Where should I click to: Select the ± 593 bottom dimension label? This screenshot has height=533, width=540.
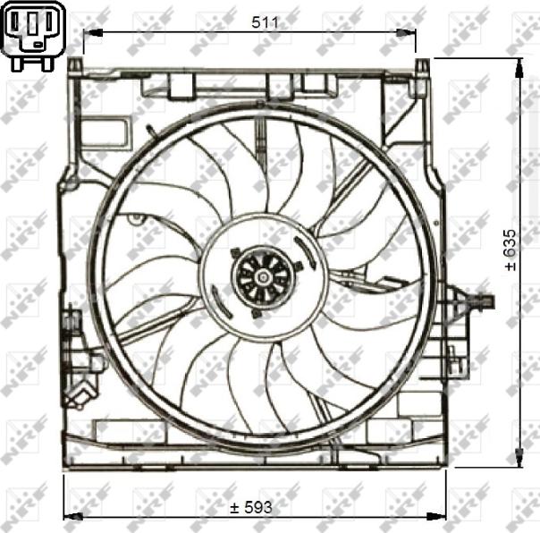[250, 507]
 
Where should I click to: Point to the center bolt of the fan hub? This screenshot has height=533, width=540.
[262, 277]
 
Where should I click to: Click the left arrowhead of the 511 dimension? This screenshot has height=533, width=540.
[89, 33]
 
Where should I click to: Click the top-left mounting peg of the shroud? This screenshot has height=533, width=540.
[76, 66]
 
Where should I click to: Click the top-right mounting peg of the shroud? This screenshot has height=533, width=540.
[424, 66]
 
